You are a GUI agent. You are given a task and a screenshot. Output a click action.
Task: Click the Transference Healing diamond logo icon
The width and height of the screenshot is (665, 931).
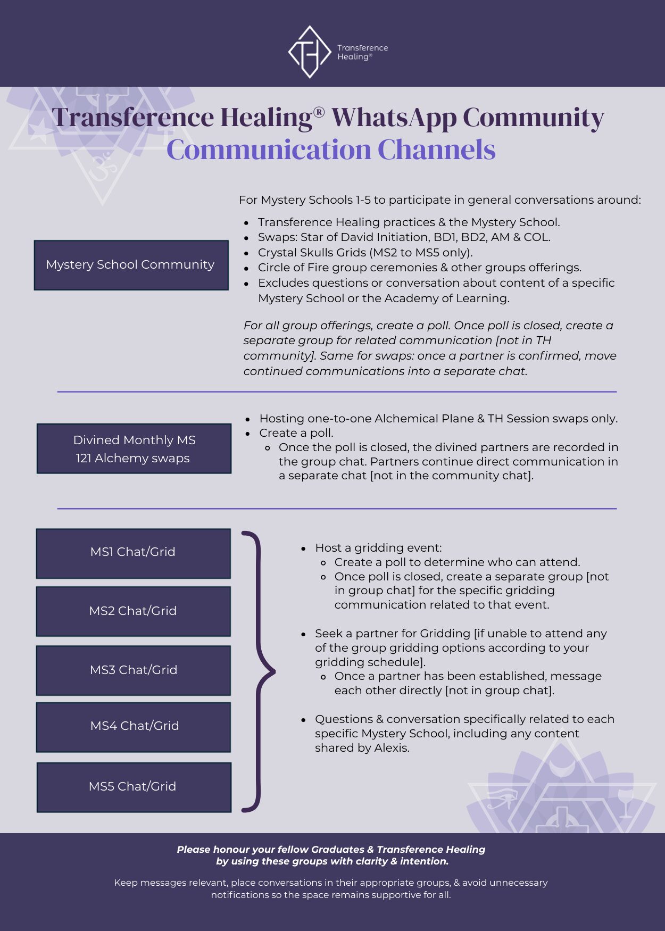(310, 52)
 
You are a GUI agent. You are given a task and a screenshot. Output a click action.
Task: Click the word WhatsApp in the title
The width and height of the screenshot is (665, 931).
(393, 118)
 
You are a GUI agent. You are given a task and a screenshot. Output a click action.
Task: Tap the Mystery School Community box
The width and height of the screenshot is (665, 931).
(131, 265)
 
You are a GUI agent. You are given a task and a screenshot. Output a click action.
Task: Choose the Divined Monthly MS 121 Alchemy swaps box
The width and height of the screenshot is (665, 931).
(134, 448)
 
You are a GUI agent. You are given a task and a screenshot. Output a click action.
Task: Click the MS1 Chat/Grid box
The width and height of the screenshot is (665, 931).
(133, 553)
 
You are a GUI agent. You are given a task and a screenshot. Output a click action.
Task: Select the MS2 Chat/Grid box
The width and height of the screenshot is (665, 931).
(133, 611)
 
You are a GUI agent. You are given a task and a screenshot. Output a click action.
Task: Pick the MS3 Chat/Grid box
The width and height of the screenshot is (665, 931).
(133, 670)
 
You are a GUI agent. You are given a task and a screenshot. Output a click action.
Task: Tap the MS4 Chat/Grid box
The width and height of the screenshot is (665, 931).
(133, 727)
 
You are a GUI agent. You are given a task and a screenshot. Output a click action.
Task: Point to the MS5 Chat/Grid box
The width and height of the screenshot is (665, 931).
(134, 787)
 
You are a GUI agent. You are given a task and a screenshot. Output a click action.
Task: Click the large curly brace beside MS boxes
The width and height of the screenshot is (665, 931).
(260, 671)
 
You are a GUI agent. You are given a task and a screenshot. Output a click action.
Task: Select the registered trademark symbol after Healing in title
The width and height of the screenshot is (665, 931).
(319, 112)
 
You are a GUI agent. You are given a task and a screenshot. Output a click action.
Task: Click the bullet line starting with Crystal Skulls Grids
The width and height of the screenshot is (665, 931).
(365, 253)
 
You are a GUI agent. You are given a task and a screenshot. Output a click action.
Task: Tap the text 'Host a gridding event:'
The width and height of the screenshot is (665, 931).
(378, 548)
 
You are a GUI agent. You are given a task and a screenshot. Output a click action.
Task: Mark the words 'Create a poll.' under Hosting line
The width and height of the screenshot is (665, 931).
(296, 433)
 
